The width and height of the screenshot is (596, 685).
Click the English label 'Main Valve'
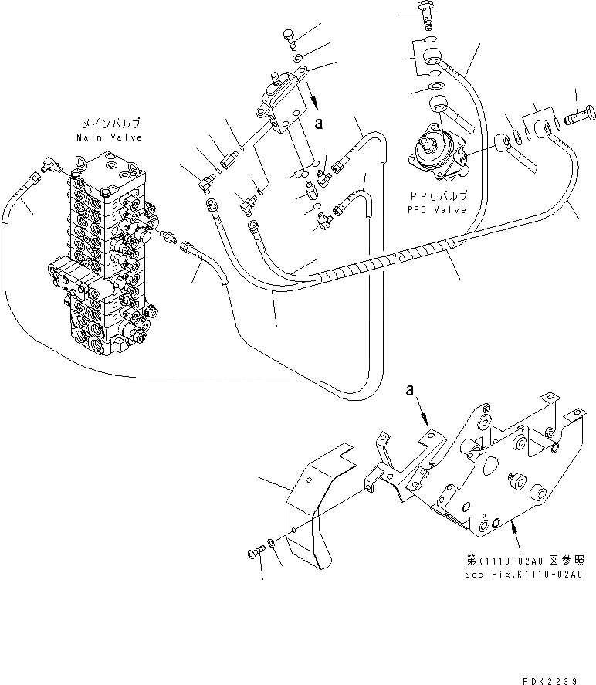click(109, 137)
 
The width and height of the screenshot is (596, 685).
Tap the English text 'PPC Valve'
click(438, 210)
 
